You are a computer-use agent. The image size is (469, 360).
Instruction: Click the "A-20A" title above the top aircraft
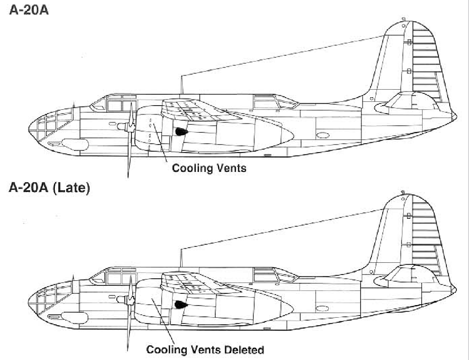(29, 10)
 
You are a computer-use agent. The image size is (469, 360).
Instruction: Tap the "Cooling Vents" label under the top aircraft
(209, 168)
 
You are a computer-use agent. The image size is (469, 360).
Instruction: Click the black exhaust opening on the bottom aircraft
(179, 305)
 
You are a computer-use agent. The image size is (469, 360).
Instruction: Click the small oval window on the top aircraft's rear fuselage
(323, 135)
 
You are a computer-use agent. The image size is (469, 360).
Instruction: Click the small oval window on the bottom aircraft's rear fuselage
(322, 308)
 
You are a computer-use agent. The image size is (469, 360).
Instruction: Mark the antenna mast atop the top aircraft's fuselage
(181, 84)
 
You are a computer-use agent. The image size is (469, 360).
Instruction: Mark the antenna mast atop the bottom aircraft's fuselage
(181, 258)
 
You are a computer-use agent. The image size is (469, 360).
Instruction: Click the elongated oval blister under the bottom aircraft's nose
(74, 318)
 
